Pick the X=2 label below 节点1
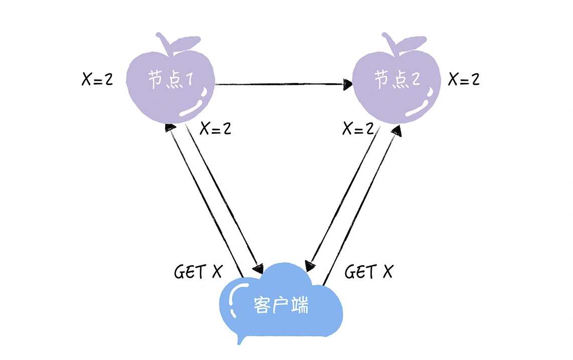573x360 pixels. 215,129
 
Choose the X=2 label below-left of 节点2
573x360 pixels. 358,129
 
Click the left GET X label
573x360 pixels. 198,272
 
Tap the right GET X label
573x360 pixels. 369,272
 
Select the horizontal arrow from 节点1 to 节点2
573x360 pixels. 281,84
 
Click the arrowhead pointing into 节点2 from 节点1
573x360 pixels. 348,84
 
